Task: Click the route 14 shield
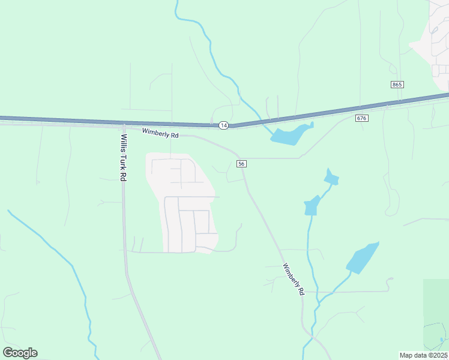(223, 125)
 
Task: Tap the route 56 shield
(241, 164)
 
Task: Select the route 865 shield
(396, 85)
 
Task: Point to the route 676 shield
(361, 118)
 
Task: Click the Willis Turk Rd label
(123, 157)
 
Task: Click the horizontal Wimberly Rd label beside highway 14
(160, 133)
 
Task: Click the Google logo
(20, 353)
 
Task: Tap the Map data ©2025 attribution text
(423, 355)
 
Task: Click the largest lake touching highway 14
(292, 134)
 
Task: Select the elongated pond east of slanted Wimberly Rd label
(362, 258)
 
